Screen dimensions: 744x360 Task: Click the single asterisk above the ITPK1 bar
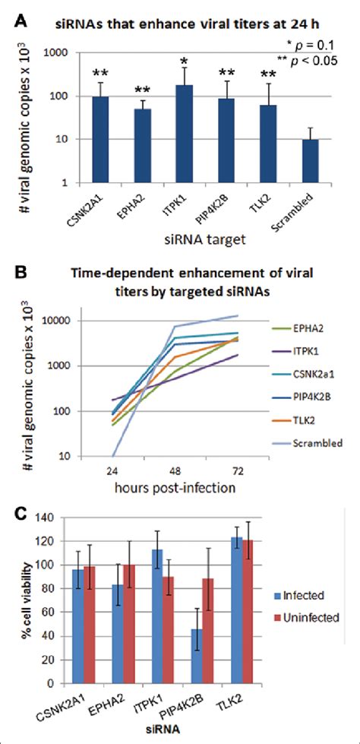tap(184, 62)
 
